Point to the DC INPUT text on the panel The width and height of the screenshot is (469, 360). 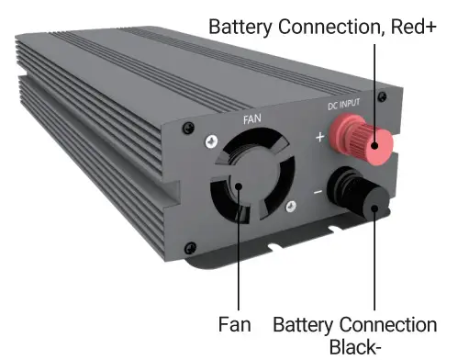pyautogui.click(x=346, y=105)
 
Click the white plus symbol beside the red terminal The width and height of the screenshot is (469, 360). pyautogui.click(x=319, y=138)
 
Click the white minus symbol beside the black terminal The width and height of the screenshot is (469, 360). pyautogui.click(x=317, y=193)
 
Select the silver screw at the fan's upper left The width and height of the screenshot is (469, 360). pyautogui.click(x=211, y=140)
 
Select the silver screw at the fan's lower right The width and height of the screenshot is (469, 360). pyautogui.click(x=290, y=208)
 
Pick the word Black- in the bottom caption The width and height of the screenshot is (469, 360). pyautogui.click(x=353, y=347)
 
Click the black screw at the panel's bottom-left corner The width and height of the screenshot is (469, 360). pyautogui.click(x=190, y=245)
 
